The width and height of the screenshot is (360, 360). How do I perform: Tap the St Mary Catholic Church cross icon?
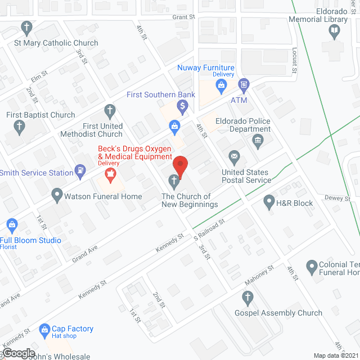click(26, 27)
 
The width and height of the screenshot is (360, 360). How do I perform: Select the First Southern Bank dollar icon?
click(182, 105)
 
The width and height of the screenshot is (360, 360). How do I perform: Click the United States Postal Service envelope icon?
click(233, 156)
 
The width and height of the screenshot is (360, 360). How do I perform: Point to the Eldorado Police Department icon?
click(258, 140)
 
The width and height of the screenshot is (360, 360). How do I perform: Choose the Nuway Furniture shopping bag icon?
click(222, 85)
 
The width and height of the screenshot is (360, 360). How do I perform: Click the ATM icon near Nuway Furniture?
click(244, 85)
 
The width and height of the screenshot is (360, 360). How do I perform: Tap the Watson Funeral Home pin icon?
click(56, 196)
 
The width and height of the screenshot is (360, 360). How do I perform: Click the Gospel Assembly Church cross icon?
click(246, 297)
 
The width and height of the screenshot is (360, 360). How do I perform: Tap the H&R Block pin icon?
click(269, 200)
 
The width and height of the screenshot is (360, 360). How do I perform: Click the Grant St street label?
click(183, 17)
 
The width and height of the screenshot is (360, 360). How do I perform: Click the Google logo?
click(18, 353)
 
